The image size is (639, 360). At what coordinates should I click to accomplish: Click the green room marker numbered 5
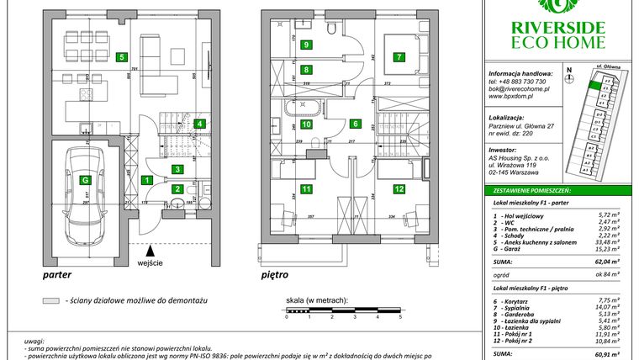[x=122, y=58]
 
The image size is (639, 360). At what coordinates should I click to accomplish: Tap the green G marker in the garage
[x=84, y=179]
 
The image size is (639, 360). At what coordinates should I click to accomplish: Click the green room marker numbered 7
[x=399, y=58]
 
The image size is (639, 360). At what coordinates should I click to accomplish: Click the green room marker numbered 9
[x=307, y=45]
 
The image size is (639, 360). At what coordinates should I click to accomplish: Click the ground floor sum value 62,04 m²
[x=605, y=262]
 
